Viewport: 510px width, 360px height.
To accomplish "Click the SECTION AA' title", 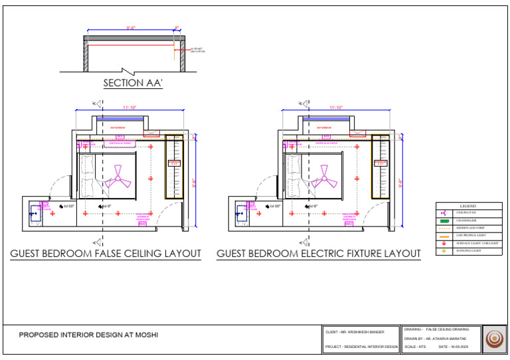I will click(133, 83).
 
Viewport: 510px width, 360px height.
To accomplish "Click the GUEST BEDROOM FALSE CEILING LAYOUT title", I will click(106, 254).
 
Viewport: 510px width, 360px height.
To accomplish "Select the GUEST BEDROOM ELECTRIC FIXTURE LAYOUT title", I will click(319, 254).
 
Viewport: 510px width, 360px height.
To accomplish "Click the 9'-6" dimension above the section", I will click(131, 28).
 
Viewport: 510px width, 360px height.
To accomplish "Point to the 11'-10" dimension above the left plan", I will click(129, 108).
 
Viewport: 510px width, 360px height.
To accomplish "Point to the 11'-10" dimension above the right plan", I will click(336, 108).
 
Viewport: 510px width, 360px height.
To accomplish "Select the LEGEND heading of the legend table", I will click(468, 206).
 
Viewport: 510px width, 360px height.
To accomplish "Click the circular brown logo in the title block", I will click(495, 339).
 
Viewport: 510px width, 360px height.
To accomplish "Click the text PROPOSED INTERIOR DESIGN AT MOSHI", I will click(88, 335).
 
